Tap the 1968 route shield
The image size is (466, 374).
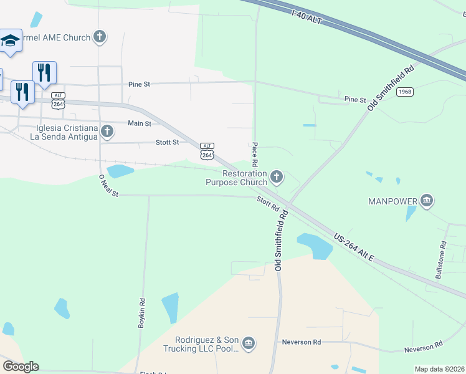click(x=404, y=92)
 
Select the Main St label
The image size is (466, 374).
click(x=140, y=123)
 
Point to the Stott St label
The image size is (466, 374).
click(x=167, y=142)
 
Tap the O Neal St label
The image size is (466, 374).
click(x=108, y=186)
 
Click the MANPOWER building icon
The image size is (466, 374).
click(x=427, y=201)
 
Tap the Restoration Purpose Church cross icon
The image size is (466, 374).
click(x=277, y=178)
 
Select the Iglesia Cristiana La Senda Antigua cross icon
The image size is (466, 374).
click(x=107, y=132)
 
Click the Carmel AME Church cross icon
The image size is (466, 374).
click(x=99, y=37)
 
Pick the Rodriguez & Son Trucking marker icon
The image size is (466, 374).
click(x=249, y=343)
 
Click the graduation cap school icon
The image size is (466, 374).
click(x=10, y=41)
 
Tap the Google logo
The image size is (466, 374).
click(x=21, y=367)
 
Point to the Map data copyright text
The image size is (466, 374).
click(x=439, y=369)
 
